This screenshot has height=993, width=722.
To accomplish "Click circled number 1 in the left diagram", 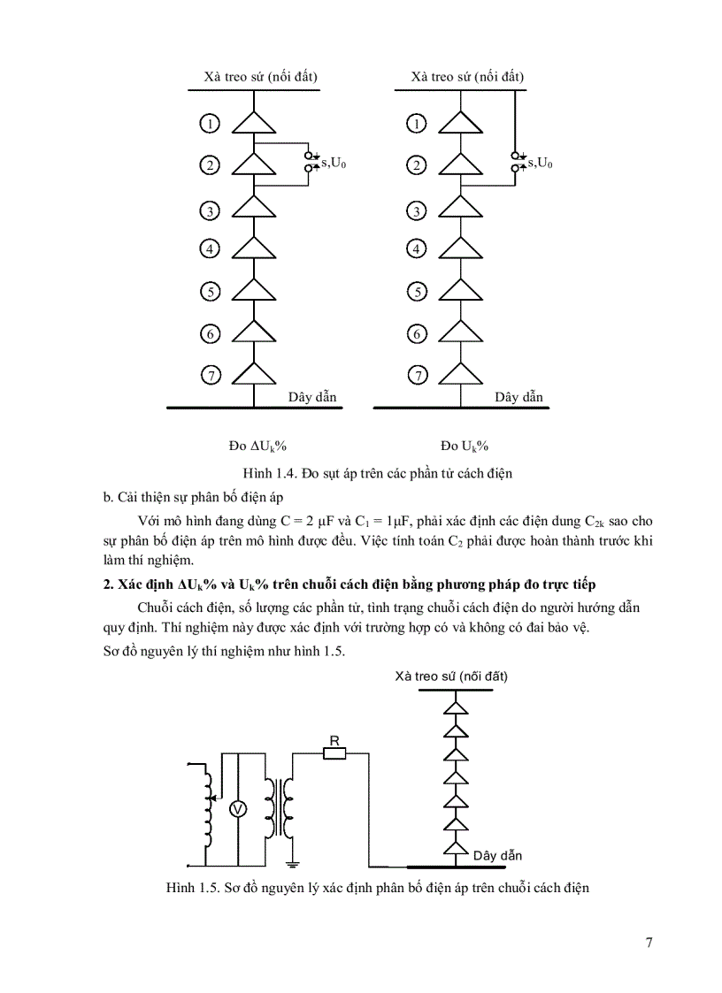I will pyautogui.click(x=210, y=124).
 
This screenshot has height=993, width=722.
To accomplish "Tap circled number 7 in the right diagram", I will pyautogui.click(x=417, y=376).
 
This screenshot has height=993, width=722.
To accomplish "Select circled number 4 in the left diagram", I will pyautogui.click(x=210, y=249).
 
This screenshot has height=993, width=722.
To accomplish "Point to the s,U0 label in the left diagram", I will pyautogui.click(x=333, y=162).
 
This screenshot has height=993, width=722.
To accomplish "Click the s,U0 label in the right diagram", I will pyautogui.click(x=540, y=162).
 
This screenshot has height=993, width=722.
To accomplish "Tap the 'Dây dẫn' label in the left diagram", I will pyautogui.click(x=312, y=397).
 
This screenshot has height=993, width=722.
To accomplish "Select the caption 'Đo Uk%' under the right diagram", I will pyautogui.click(x=465, y=445).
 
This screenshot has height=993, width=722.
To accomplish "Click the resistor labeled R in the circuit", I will pyautogui.click(x=334, y=753).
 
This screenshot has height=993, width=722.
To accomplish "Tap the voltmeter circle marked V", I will pyautogui.click(x=237, y=809).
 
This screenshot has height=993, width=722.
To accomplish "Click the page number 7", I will pyautogui.click(x=649, y=943).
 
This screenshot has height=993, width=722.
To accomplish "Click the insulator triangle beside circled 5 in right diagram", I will pyautogui.click(x=461, y=289).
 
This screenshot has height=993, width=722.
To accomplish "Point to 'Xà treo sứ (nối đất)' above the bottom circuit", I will pyautogui.click(x=452, y=676).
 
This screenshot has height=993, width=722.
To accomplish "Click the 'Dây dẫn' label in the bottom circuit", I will pyautogui.click(x=496, y=855).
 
